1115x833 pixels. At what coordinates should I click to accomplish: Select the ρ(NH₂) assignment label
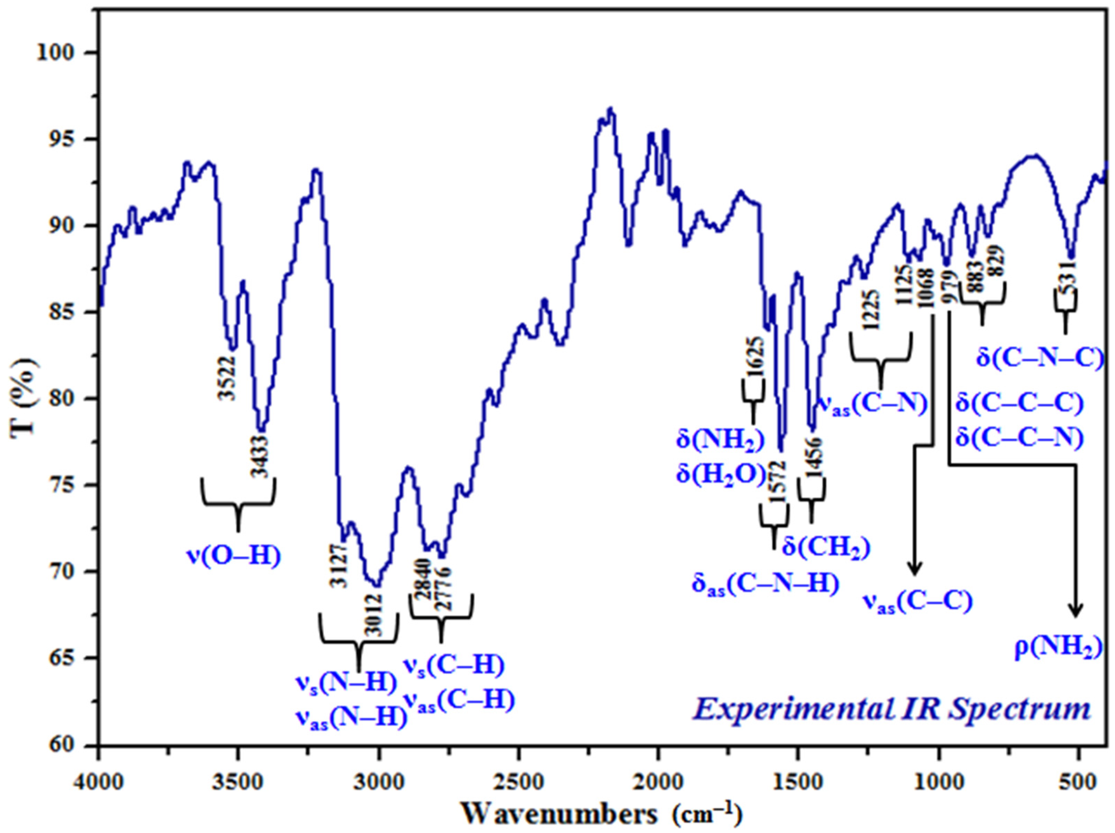[x=1057, y=650]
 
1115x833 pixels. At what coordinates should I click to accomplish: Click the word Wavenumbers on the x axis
[x=560, y=813]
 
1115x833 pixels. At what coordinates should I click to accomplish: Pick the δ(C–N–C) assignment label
[x=1040, y=357]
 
